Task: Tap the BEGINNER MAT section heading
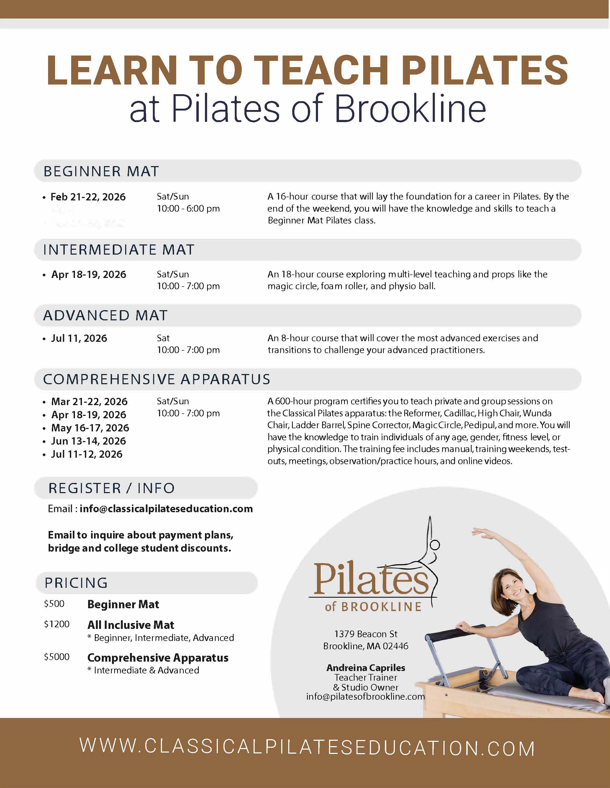tap(101, 171)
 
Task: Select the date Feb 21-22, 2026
tap(88, 197)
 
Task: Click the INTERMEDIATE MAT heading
tap(118, 250)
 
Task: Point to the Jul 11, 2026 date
tap(79, 338)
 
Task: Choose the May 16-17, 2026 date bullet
tap(90, 428)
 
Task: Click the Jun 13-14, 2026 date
tap(88, 441)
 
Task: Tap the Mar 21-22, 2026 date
tap(89, 402)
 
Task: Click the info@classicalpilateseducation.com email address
tap(166, 509)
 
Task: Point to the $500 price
tap(54, 604)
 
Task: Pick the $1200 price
tap(57, 624)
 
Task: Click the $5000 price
tap(57, 657)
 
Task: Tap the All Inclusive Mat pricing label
tap(131, 625)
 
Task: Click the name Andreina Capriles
tap(366, 668)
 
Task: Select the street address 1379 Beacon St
tap(366, 634)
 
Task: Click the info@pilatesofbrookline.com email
tap(366, 697)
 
